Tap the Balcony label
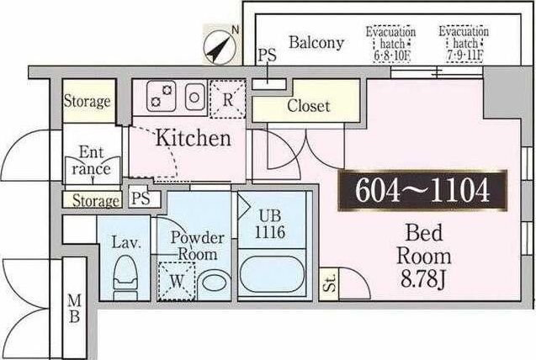click(316, 42)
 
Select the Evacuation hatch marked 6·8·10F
click(391, 45)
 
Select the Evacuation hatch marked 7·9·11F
click(464, 44)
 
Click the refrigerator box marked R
click(228, 99)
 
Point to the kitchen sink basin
click(194, 98)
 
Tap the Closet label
click(308, 105)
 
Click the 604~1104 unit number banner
click(422, 190)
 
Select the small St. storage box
click(328, 284)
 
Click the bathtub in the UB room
click(272, 274)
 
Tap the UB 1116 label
click(270, 225)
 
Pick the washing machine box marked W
click(177, 281)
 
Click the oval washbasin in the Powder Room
click(215, 283)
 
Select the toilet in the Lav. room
click(125, 278)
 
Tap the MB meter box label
click(74, 309)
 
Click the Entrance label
click(91, 161)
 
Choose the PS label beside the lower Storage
click(141, 199)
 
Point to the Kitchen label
click(194, 138)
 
